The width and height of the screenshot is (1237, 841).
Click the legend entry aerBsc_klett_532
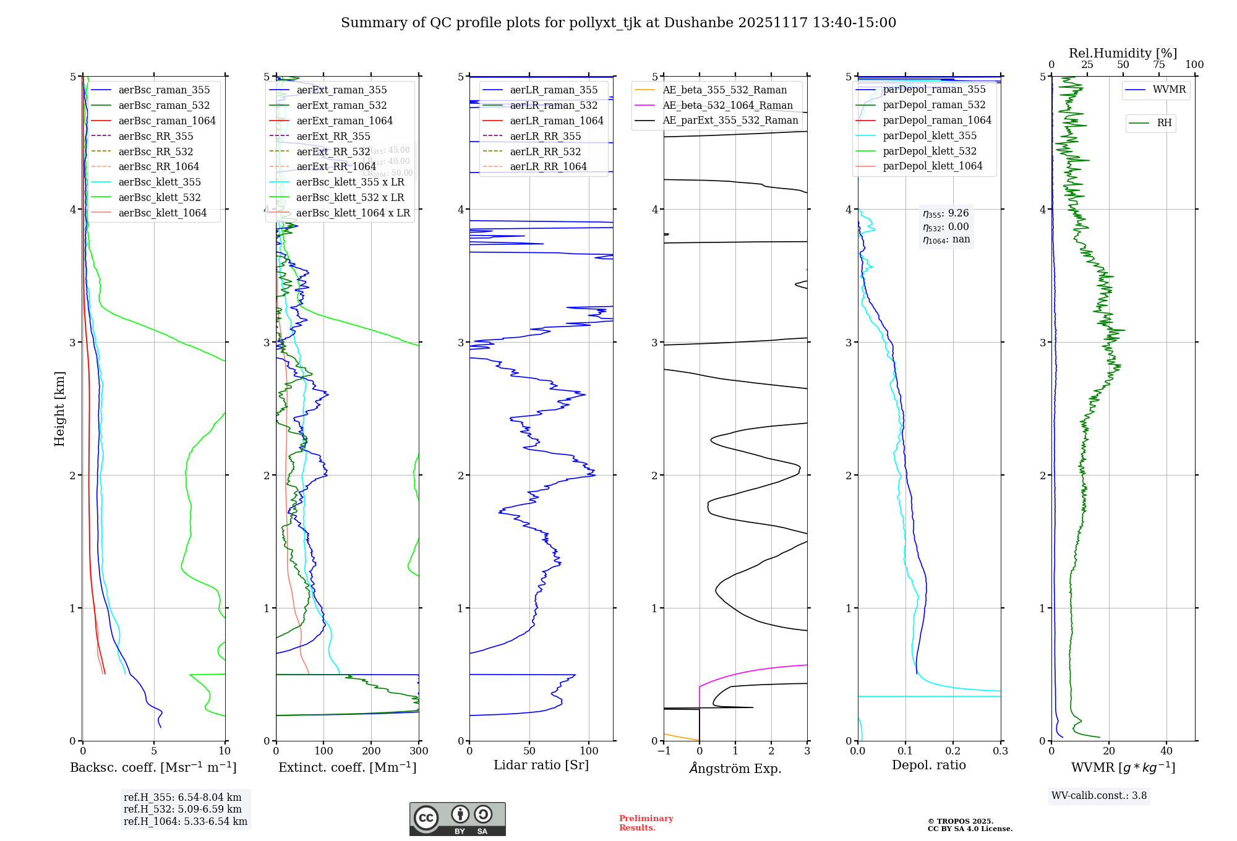[159, 197]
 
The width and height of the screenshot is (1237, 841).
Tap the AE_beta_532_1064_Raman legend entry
[727, 105]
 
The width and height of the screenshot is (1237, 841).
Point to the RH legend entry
[1164, 123]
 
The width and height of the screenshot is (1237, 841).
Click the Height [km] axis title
[59, 409]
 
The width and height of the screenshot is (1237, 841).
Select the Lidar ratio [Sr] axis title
[541, 765]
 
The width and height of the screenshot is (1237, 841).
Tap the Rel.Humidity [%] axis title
[1123, 53]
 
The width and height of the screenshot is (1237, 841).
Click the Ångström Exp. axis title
[735, 768]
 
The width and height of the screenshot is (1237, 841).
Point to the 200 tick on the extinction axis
[371, 751]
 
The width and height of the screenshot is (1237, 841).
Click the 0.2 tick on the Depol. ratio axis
[953, 751]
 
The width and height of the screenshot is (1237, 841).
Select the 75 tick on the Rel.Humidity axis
[1158, 64]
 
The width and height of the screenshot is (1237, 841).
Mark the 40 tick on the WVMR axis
[1166, 751]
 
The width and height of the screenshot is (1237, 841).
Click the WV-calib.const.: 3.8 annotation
[1099, 795]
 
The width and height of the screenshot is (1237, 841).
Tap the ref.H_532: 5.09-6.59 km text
[182, 809]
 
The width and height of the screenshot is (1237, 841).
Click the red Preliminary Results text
[646, 823]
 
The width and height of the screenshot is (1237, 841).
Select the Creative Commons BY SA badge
[457, 819]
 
